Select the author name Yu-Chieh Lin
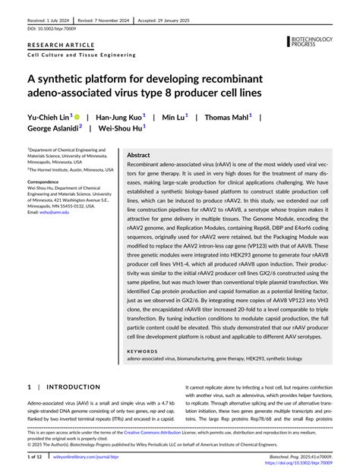coord(48,118)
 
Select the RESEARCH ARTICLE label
coord(57,47)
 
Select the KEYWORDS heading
coord(142,352)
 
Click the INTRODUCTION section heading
coord(68,387)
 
